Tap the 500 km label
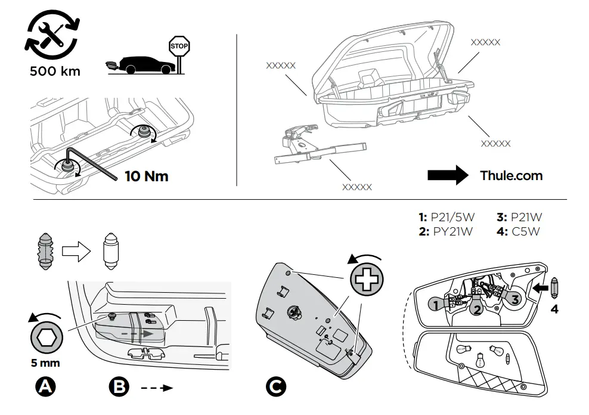point(55,72)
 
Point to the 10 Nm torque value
point(147,176)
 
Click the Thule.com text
point(511,175)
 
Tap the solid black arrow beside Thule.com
point(448,175)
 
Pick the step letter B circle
point(119,387)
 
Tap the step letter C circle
point(275,387)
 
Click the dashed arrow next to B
point(157,388)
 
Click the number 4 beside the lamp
point(554,309)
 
